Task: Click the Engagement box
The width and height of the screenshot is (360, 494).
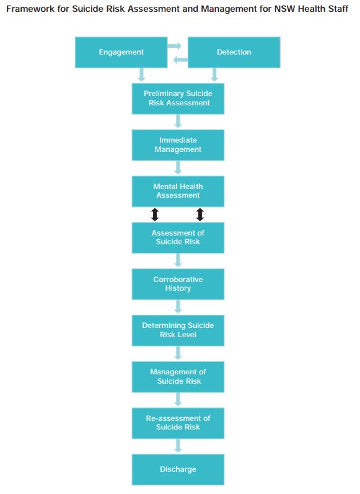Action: (121, 52)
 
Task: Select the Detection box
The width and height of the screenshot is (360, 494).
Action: (234, 52)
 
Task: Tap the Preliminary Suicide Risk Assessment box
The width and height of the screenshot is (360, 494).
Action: (178, 99)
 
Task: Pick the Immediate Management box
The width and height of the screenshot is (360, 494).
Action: (178, 145)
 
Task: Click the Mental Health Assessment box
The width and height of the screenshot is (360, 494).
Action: (178, 192)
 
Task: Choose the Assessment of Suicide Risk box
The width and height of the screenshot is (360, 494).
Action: (178, 238)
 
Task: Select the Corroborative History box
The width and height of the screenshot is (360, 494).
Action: (178, 284)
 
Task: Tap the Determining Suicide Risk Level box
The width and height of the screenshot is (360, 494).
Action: (178, 330)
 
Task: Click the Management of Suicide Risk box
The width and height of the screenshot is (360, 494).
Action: (178, 377)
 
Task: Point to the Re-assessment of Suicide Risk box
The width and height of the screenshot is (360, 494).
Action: (178, 423)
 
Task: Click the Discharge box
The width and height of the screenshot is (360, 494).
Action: (178, 469)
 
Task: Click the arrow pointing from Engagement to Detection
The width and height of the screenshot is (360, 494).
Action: (175, 46)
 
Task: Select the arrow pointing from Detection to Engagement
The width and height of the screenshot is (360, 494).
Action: (181, 60)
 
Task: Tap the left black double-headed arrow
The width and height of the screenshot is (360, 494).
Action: (155, 214)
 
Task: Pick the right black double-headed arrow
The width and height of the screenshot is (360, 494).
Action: (200, 214)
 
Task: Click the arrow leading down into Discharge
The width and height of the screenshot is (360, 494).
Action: (178, 446)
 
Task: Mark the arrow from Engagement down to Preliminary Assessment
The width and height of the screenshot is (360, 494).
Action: (142, 74)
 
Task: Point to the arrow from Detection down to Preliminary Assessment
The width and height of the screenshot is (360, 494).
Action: (214, 74)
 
